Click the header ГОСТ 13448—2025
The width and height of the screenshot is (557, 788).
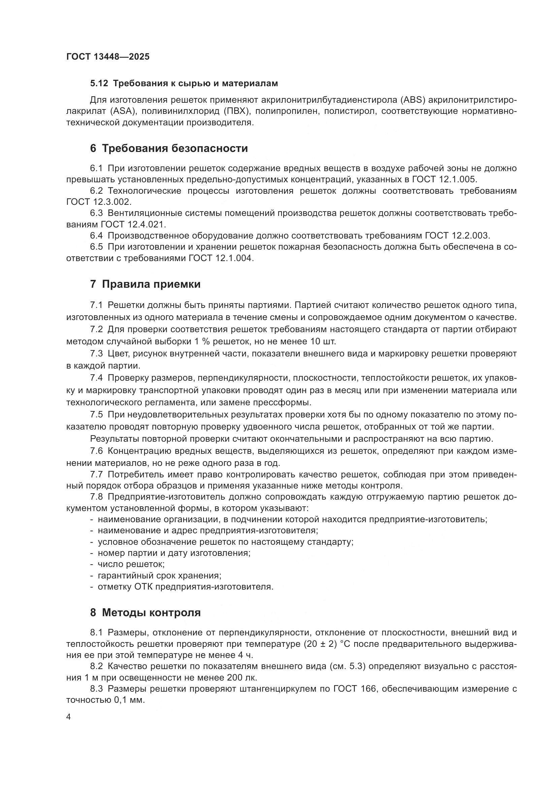[108, 57]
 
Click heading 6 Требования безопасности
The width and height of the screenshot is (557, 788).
[169, 149]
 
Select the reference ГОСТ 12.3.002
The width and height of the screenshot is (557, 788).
[98, 202]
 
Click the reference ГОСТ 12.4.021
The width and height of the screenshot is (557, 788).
[133, 224]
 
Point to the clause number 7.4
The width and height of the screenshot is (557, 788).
[96, 378]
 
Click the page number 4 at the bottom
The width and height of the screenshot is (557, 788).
[68, 717]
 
